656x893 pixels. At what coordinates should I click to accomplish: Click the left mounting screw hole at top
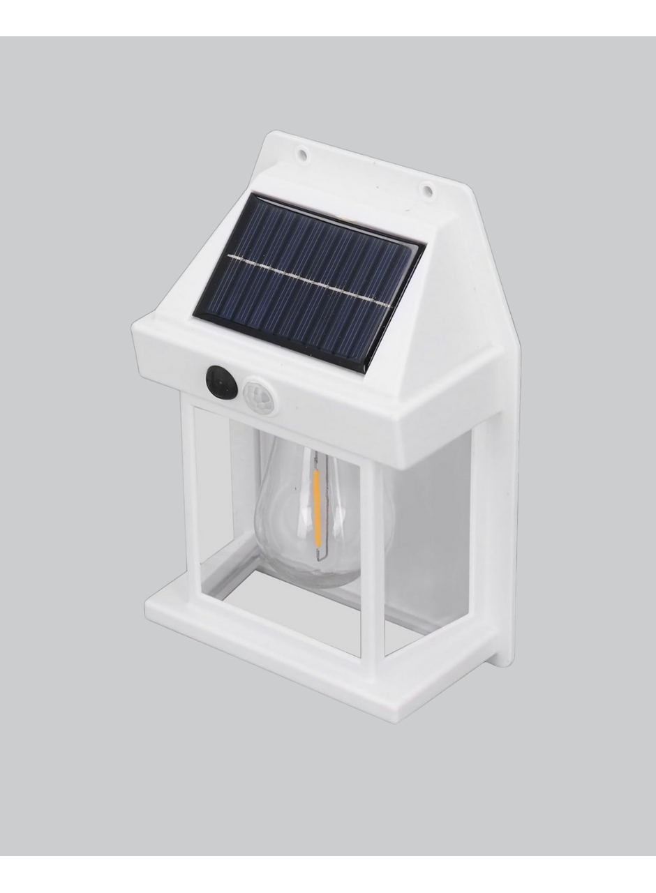tap(303, 151)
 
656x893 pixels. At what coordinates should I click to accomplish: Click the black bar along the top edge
tap(328, 17)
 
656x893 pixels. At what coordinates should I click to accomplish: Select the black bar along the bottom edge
tap(328, 874)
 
